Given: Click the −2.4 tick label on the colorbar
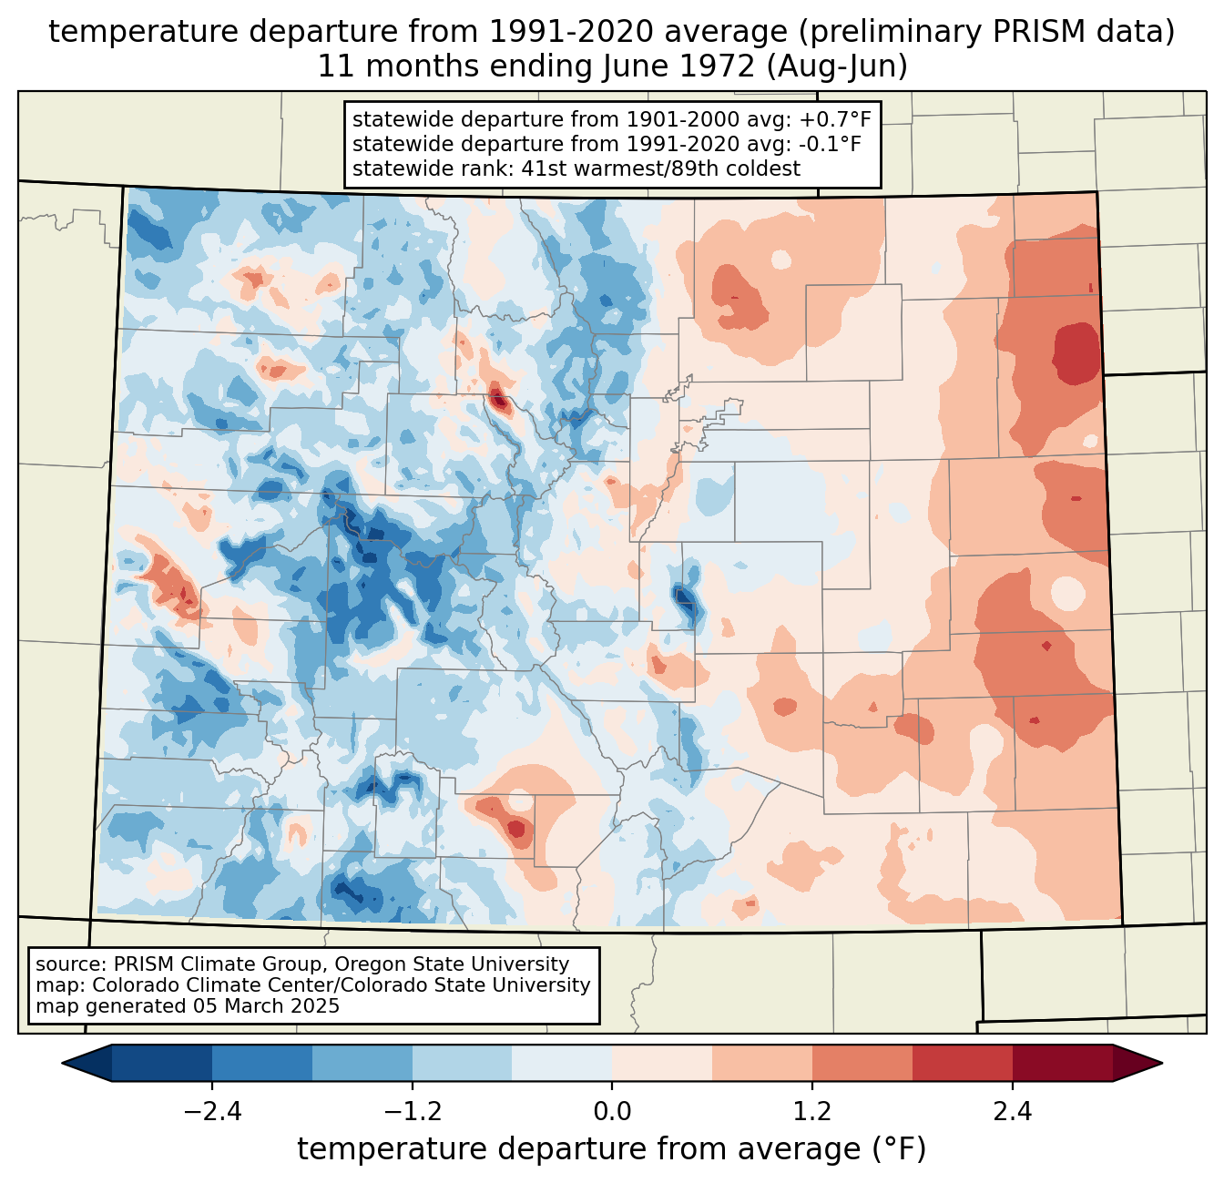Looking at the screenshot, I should point(212,1112).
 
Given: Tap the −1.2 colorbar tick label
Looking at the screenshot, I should point(413,1112).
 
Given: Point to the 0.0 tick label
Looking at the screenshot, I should point(612,1112).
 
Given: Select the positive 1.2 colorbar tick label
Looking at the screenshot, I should point(812,1112).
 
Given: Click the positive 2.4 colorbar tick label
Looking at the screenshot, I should point(1012,1112).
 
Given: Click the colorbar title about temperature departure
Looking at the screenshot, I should point(612,1149).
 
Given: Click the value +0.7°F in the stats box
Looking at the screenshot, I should point(834,119).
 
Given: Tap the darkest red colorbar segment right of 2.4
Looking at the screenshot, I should point(1062,1063).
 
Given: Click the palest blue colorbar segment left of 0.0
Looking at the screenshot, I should point(562,1063).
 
